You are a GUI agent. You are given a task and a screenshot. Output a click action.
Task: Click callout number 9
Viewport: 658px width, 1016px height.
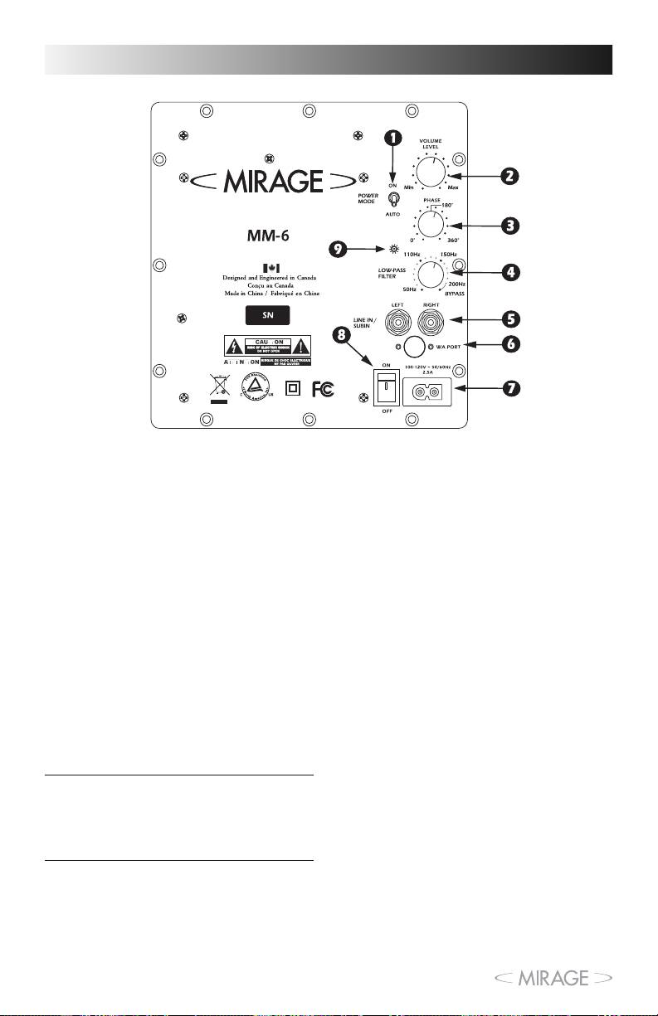click(x=339, y=249)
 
